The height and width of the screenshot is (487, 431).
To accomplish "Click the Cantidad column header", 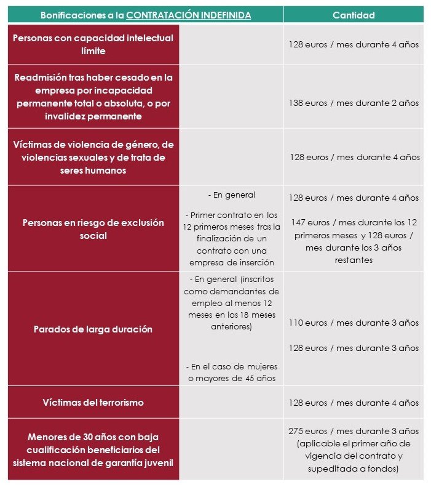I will [x=354, y=15].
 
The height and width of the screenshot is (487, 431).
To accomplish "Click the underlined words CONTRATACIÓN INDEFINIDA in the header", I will [x=189, y=15].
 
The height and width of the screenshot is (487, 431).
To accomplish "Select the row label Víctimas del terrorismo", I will [x=93, y=403].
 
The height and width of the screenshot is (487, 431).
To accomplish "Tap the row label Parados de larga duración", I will [x=93, y=329].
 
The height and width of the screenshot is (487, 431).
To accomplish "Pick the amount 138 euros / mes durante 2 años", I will [x=354, y=103].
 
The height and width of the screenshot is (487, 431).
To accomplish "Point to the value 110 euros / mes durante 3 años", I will [x=354, y=323].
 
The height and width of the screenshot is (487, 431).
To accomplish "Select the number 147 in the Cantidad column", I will [x=298, y=222].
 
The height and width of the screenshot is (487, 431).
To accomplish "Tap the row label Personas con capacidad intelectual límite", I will [x=93, y=44].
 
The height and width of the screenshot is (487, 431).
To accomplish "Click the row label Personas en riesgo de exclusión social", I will [x=93, y=228].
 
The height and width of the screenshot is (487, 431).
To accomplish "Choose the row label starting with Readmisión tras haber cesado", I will [x=93, y=97].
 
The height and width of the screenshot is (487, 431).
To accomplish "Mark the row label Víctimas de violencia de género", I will [x=93, y=157].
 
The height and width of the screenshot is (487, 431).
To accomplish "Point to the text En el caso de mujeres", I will [x=232, y=366].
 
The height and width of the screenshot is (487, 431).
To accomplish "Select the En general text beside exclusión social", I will [x=232, y=195].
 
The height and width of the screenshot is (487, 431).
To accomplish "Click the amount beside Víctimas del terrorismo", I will [x=354, y=403].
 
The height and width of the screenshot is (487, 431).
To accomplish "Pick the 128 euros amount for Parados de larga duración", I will [x=354, y=348].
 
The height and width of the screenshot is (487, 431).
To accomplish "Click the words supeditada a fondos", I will [x=353, y=469].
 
